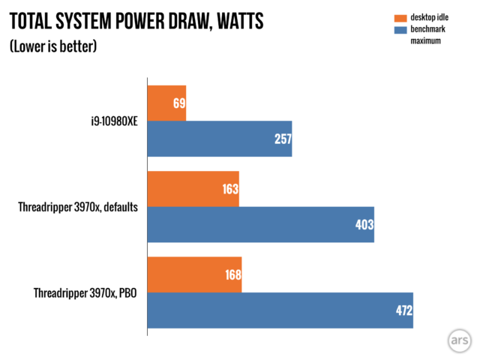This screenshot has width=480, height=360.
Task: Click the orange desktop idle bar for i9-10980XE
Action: pos(166,103)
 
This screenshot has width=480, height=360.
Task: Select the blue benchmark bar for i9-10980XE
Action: pos(219,139)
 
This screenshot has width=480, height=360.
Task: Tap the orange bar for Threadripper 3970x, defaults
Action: pos(193,189)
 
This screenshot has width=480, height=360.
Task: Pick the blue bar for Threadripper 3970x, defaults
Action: pos(260,224)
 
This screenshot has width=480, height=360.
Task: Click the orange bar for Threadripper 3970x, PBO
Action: pos(194,274)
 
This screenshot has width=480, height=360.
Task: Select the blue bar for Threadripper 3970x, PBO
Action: pos(280,310)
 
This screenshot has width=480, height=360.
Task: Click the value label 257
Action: pos(282,139)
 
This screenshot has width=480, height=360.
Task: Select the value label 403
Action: pos(364,225)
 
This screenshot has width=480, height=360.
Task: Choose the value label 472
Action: pos(403,310)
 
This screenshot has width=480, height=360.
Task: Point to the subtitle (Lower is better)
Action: pos(53,46)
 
